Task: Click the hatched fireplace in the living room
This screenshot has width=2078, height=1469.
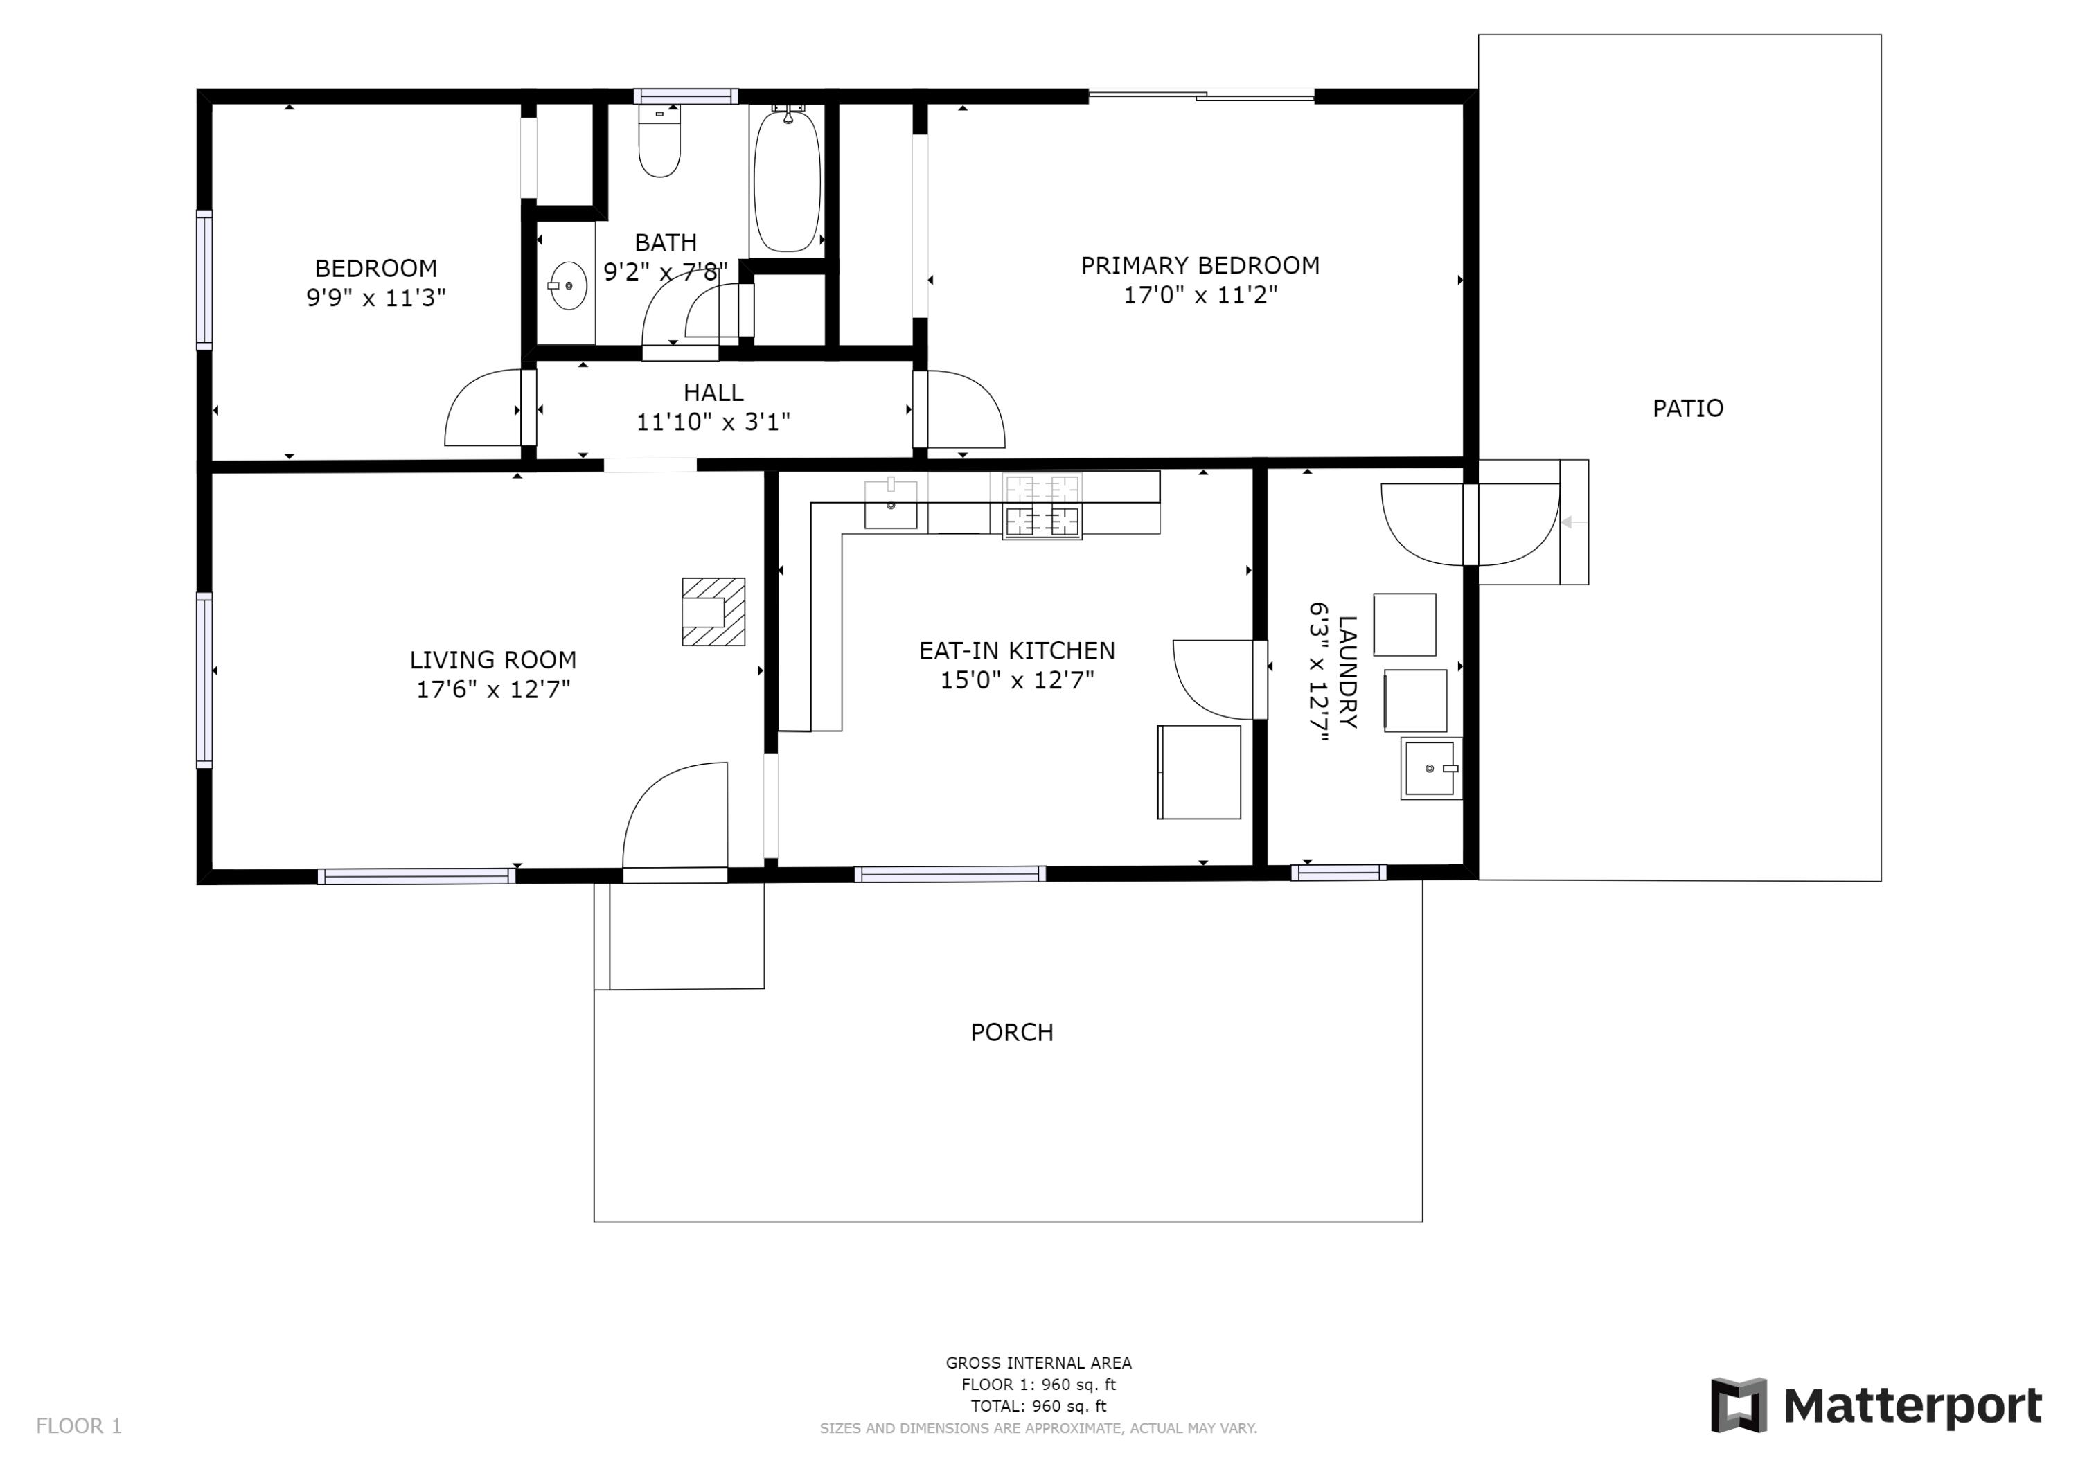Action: [x=713, y=612]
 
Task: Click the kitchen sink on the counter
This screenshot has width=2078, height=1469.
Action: [x=891, y=505]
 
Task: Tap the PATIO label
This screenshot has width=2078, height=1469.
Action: [x=1687, y=408]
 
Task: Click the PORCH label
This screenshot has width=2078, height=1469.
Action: [x=1011, y=1032]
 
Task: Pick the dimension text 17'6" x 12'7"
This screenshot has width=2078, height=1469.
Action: [x=492, y=690]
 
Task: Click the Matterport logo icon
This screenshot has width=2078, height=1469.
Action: [x=1738, y=1405]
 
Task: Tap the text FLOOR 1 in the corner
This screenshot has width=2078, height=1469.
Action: [x=79, y=1425]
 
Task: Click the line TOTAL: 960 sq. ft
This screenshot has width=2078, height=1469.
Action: [x=1038, y=1406]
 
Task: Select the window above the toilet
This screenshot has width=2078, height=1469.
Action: [x=685, y=96]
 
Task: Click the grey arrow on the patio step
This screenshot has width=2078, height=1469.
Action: [x=1573, y=522]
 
